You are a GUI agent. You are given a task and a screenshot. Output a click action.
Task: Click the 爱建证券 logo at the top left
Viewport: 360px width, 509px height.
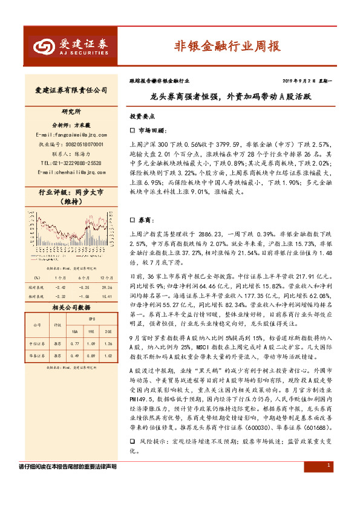pyautogui.click(x=66, y=45)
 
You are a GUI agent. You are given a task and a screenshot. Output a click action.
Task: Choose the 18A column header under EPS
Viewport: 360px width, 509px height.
pyautogui.click(x=74, y=331)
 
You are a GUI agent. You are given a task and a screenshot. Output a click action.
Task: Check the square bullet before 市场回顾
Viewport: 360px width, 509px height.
pyautogui.click(x=133, y=131)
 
